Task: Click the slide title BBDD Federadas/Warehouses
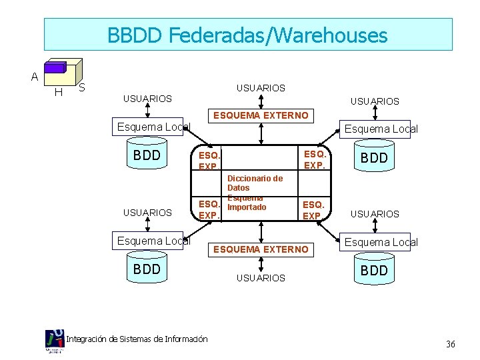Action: tap(247, 35)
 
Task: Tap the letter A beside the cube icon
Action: tap(34, 77)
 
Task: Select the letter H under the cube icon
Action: tap(58, 93)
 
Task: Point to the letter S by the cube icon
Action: tap(81, 87)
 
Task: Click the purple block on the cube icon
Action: tap(55, 67)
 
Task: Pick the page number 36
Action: tap(450, 344)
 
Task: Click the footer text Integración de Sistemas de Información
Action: tap(137, 339)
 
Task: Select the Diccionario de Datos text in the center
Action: tap(255, 183)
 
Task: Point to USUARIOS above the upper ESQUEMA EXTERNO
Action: tap(261, 88)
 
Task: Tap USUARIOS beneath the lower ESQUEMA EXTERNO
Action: tap(261, 277)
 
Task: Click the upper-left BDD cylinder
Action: tap(147, 156)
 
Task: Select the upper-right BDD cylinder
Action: tap(374, 159)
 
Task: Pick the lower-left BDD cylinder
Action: tap(147, 269)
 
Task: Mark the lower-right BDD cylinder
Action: tap(374, 271)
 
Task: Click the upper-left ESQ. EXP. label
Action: tap(209, 160)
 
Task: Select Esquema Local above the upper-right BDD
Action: tap(379, 129)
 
